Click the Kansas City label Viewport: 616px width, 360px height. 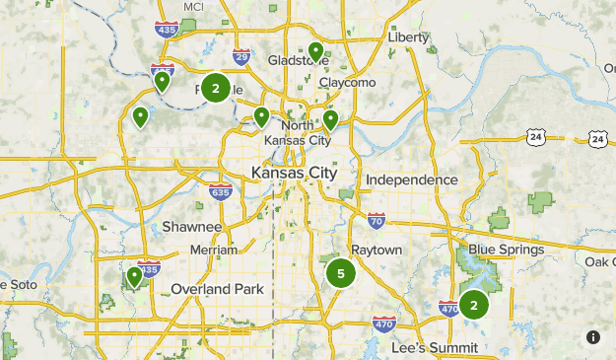tap(294, 173)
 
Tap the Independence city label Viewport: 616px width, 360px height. tap(411, 180)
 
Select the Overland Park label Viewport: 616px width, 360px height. tap(218, 289)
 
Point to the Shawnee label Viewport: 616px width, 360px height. tap(192, 227)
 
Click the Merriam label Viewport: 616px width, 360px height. tap(214, 250)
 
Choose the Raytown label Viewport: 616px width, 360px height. tap(376, 251)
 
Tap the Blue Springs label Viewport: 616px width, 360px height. tap(506, 250)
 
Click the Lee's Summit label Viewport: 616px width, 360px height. tap(434, 348)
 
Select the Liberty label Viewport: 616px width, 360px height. tap(409, 37)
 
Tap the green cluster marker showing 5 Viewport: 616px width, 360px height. tap(341, 273)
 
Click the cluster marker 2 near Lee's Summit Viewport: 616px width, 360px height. tap(474, 305)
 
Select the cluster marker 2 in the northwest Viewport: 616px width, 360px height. tap(216, 88)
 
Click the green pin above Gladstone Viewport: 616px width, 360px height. tap(315, 50)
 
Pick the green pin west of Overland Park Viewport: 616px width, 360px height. tap(134, 275)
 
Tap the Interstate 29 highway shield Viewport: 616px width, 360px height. tap(241, 56)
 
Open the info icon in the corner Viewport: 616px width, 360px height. tap(593, 337)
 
